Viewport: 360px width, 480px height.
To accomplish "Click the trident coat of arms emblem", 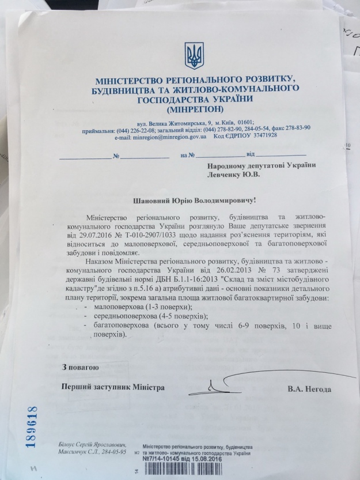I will [193, 55].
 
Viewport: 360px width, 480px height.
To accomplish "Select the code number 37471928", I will [262, 135].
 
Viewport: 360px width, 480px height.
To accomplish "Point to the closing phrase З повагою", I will [81, 367].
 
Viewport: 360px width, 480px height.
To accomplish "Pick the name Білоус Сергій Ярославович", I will [92, 445].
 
